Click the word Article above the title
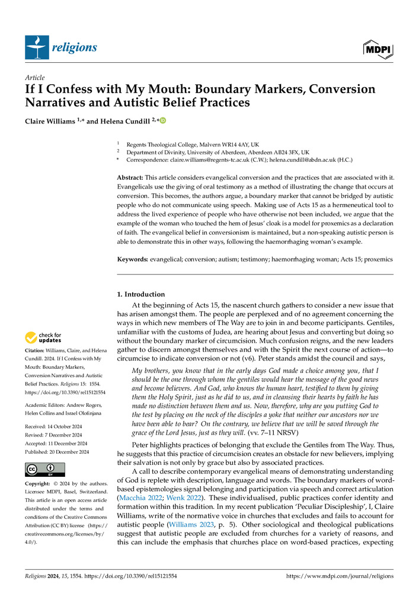tap(34, 78)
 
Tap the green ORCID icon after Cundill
tap(163, 120)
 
